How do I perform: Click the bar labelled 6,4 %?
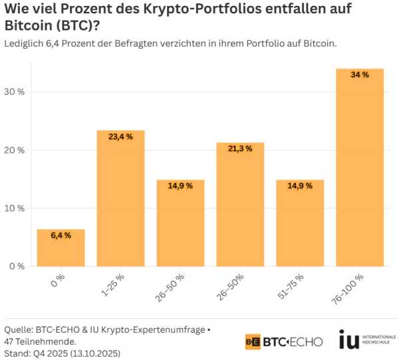pos(61,248)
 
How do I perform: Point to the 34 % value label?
pos(360,75)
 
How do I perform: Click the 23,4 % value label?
pos(120,136)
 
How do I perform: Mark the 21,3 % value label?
pos(240,148)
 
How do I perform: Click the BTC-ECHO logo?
pos(284,341)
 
